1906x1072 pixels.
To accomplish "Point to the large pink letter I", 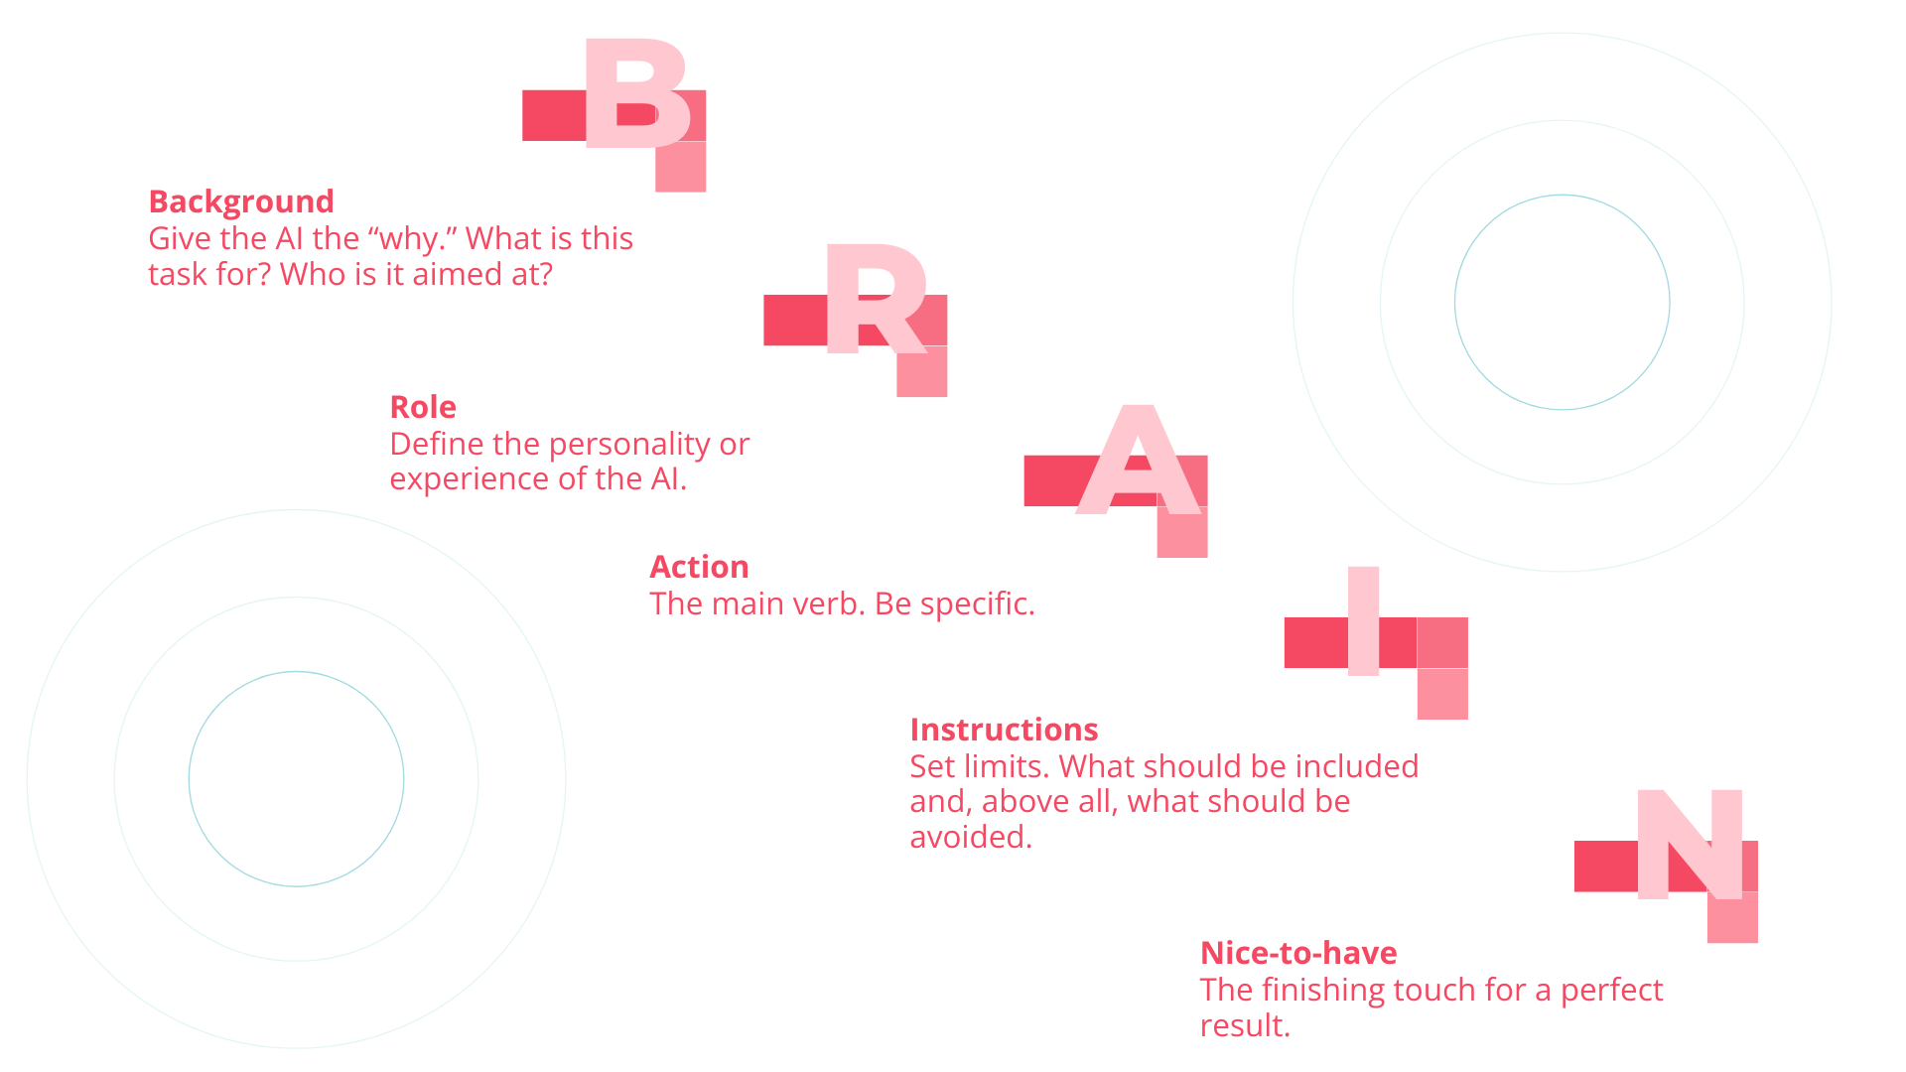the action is coord(1363,621).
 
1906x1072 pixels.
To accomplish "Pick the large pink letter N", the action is coord(1690,845).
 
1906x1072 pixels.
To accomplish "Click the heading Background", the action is coord(241,201).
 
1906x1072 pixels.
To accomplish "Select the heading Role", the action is coord(423,407).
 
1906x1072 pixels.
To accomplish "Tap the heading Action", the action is coord(699,567).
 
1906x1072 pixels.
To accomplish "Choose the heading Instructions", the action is coord(1004,730).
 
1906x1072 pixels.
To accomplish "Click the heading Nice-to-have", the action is coord(1298,953).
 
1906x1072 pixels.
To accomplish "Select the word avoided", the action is coord(971,837).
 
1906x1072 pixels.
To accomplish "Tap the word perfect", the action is coord(1611,991).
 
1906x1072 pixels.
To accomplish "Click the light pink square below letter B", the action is coord(681,167).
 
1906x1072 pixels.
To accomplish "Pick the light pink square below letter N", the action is coord(1732,917).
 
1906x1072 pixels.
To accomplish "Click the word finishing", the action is coord(1323,991).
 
